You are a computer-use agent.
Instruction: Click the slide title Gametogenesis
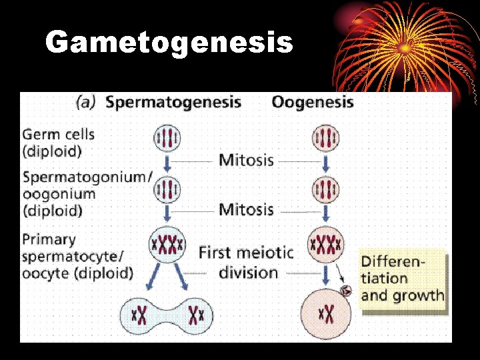(x=169, y=43)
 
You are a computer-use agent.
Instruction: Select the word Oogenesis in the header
(x=313, y=103)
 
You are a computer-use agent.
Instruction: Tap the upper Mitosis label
(x=246, y=160)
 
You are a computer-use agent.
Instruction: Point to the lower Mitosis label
(x=246, y=209)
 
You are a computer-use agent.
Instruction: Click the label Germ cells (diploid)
(x=59, y=142)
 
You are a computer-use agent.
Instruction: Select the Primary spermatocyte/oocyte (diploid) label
(x=77, y=256)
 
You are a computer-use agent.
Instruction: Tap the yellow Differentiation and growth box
(x=402, y=277)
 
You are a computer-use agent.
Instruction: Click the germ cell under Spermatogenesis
(x=167, y=139)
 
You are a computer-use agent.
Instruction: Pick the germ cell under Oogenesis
(x=326, y=139)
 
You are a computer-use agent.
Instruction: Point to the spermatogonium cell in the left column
(x=167, y=189)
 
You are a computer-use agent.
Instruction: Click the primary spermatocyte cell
(x=167, y=244)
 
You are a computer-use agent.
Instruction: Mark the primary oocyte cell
(x=326, y=244)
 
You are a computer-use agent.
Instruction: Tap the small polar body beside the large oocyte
(x=346, y=291)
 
